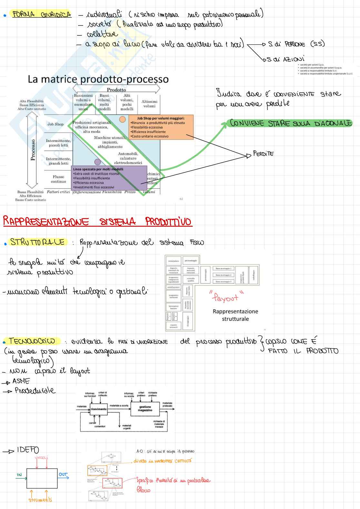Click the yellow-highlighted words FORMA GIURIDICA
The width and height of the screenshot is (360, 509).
click(x=41, y=15)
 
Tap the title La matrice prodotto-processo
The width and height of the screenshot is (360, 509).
click(x=98, y=79)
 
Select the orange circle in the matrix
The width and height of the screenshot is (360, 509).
click(x=123, y=119)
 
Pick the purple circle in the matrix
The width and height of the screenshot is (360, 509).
click(x=97, y=162)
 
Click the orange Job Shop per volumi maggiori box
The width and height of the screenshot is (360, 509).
click(x=161, y=127)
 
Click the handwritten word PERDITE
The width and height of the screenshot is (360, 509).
click(x=263, y=154)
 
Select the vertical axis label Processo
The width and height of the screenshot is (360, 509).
click(x=33, y=150)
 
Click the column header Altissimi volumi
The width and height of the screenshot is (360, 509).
click(x=149, y=104)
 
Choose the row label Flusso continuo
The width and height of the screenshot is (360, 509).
click(x=58, y=179)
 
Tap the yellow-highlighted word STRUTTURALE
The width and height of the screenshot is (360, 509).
click(x=37, y=242)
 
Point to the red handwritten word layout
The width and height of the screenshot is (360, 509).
click(x=226, y=297)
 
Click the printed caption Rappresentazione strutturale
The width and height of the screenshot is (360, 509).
click(x=235, y=315)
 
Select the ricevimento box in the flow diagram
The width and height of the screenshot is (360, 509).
click(x=99, y=409)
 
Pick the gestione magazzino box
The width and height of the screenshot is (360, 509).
click(x=145, y=409)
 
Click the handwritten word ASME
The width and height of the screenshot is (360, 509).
click(x=21, y=381)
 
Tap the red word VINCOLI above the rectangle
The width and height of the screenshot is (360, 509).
click(x=41, y=458)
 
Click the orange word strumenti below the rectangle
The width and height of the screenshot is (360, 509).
click(x=40, y=500)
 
